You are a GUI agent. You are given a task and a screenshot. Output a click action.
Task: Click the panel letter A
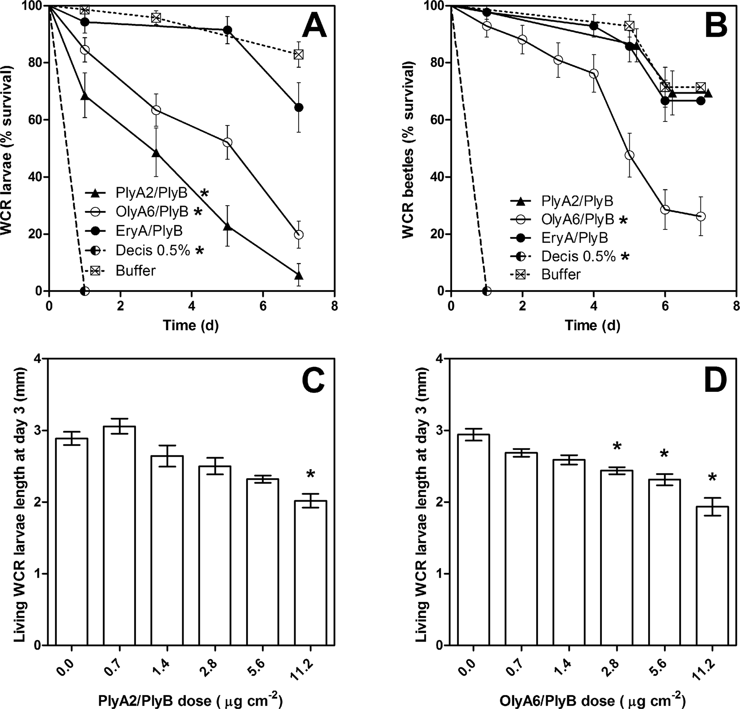pos(314,27)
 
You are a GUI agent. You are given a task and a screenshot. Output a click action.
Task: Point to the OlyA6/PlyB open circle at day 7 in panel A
pos(298,234)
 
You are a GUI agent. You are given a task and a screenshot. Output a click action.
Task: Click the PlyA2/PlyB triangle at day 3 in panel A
pos(156,153)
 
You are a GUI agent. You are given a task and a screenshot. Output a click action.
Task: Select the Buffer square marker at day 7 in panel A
pos(298,54)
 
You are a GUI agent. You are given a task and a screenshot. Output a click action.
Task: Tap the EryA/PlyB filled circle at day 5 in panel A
pos(228,30)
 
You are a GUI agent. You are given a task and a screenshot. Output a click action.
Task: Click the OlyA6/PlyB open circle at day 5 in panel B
pos(630,155)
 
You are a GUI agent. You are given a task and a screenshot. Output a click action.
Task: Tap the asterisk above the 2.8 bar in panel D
pos(617,446)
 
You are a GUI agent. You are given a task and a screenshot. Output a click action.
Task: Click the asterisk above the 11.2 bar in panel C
pos(310,474)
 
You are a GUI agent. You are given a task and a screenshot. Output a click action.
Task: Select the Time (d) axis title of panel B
pos(593,325)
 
